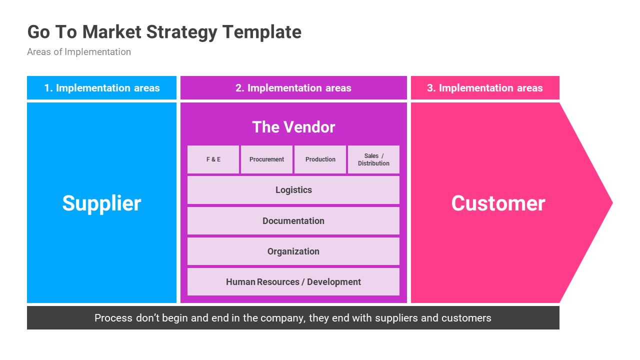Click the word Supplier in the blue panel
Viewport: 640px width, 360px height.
point(101,203)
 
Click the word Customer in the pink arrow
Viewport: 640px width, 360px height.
point(498,203)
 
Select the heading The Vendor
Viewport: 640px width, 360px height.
point(293,127)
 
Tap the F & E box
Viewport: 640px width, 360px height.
point(213,159)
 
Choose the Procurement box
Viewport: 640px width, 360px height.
point(266,159)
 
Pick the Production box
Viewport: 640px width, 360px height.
point(320,159)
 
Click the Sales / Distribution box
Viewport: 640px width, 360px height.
point(373,159)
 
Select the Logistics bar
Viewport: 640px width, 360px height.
point(293,190)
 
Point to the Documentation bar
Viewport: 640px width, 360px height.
point(293,221)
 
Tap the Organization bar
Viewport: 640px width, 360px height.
point(293,251)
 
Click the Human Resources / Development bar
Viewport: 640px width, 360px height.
point(293,282)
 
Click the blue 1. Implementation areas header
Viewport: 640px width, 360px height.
point(101,88)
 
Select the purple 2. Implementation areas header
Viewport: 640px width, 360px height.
point(293,88)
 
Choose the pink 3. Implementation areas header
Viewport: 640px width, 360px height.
point(485,88)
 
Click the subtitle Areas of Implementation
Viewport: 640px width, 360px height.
point(79,52)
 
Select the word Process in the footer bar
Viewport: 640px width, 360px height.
point(113,318)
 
